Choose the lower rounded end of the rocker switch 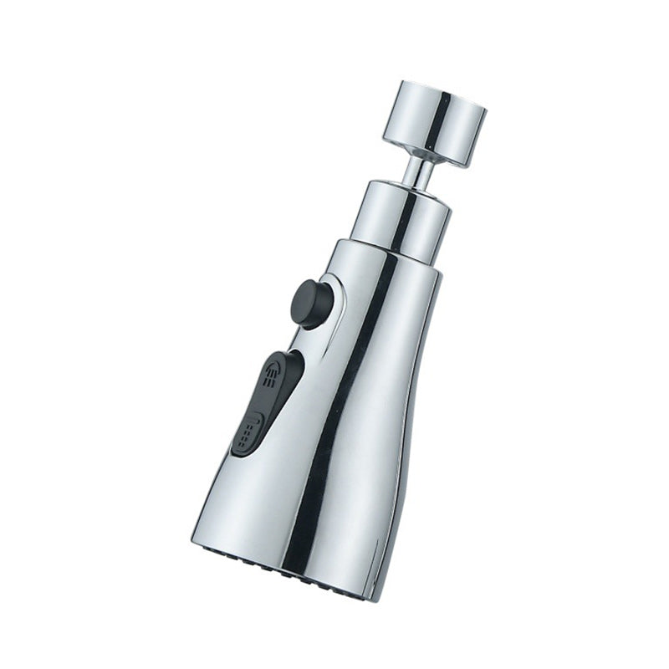coord(238,452)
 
